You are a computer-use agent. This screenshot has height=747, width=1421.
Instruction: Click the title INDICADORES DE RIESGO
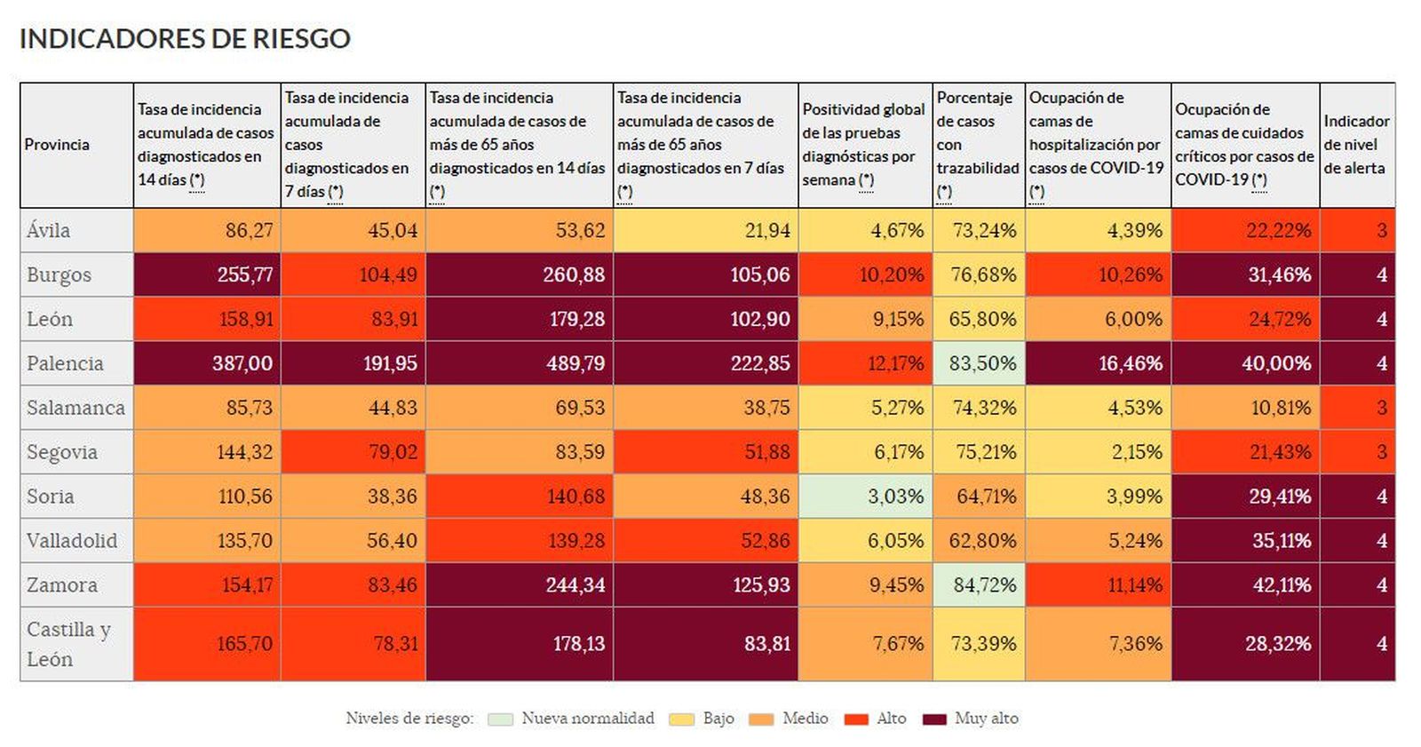(x=185, y=39)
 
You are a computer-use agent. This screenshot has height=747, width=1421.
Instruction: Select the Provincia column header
(x=57, y=145)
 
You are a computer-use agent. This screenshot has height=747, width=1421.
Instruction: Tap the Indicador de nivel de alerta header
(x=1356, y=145)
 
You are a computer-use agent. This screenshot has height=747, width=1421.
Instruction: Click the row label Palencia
(x=65, y=363)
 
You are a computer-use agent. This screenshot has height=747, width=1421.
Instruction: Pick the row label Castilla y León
(x=68, y=644)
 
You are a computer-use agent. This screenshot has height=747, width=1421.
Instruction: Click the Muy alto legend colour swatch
(x=934, y=719)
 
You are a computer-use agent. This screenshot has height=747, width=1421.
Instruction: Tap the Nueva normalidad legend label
(x=588, y=719)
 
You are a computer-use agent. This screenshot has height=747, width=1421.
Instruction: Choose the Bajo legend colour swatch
(x=681, y=719)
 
